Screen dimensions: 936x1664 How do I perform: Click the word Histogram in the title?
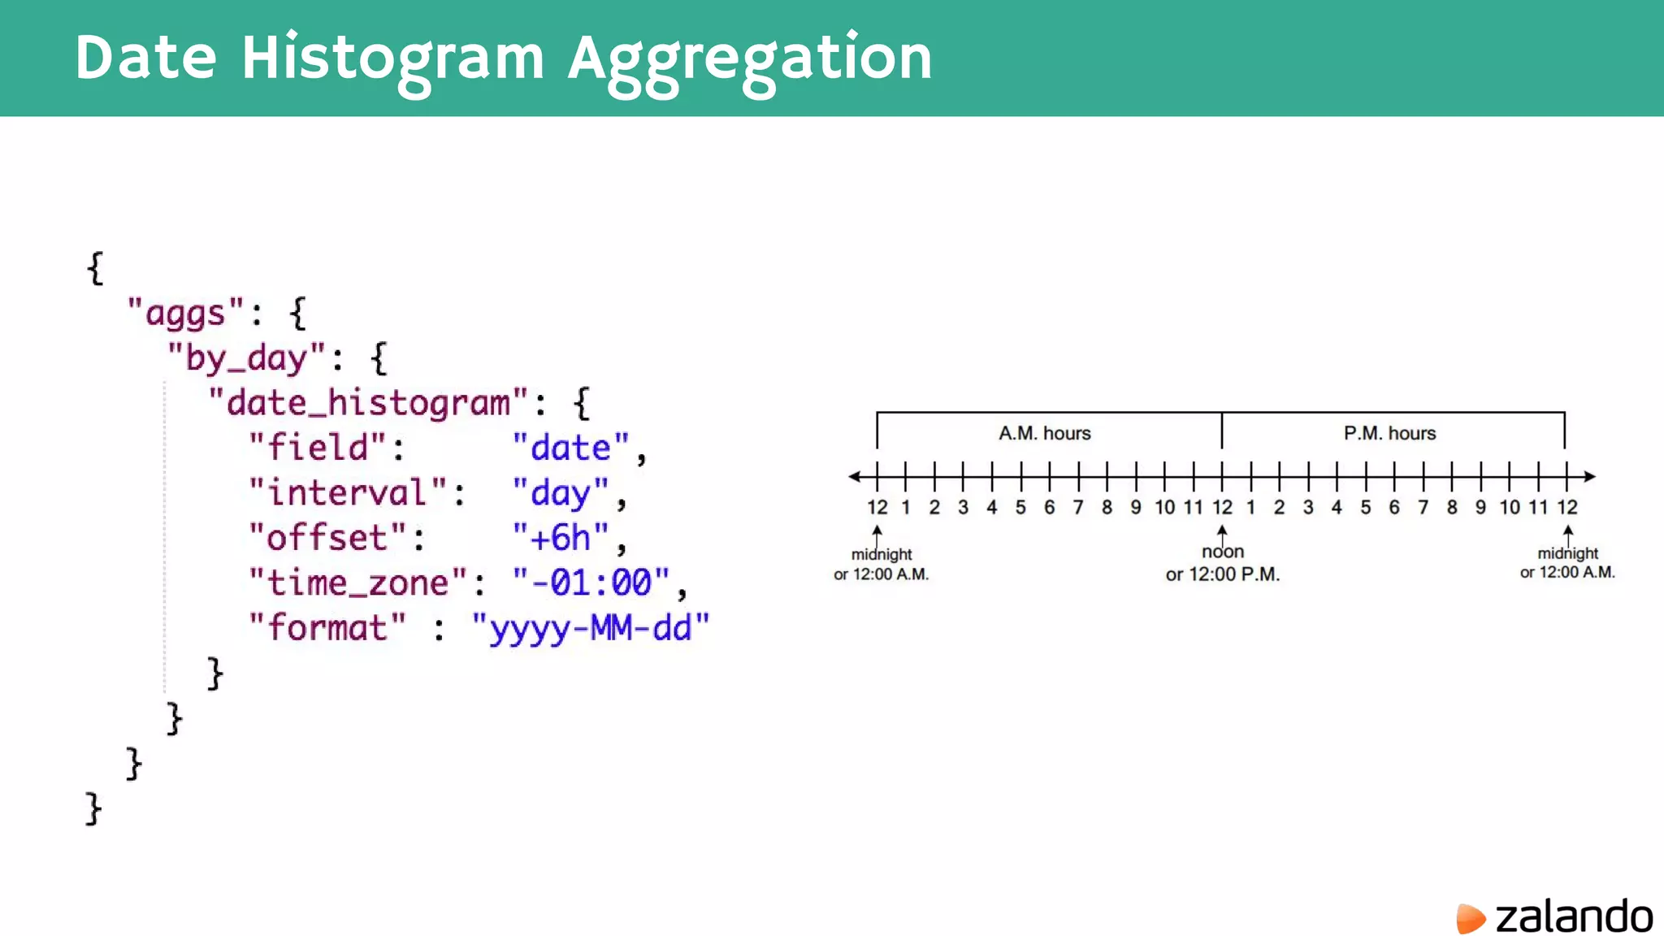392,58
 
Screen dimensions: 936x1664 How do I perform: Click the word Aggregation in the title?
749,58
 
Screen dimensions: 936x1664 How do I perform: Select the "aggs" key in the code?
185,313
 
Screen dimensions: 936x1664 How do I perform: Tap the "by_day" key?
246,357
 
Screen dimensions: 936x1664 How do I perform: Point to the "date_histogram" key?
368,402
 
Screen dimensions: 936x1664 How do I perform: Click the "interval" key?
348,492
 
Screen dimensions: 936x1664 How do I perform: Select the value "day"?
561,492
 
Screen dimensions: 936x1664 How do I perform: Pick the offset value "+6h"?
561,537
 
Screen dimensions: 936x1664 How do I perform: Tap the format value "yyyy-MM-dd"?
591,628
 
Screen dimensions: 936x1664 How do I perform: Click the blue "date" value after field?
570,448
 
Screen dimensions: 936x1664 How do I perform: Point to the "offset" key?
327,537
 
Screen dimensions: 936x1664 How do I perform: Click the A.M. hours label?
1044,433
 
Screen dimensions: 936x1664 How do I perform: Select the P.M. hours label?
1389,433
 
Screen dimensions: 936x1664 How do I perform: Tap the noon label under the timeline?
1223,552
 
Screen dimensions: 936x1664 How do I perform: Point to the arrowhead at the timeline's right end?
1590,476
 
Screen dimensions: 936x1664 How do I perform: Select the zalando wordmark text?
1574,916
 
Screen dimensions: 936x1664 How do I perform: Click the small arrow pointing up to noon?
1222,532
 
